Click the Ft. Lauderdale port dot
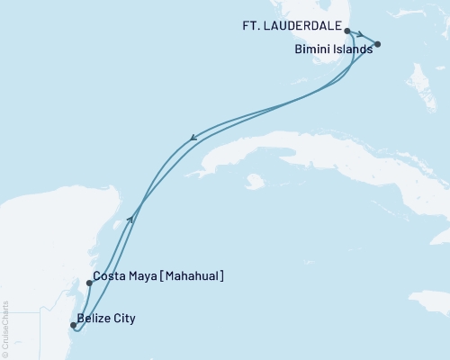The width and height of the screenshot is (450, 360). coord(347,30)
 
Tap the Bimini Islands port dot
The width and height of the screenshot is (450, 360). coord(377,44)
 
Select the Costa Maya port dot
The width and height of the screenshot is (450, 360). coord(89,283)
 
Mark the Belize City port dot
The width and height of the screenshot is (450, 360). coord(74,326)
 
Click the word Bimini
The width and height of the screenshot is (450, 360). coord(314,50)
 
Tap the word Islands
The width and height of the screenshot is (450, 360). coord(353,50)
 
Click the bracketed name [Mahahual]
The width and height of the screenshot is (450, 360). coord(193,277)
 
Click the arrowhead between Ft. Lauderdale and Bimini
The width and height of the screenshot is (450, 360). coord(360,36)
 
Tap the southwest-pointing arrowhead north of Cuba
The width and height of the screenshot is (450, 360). coord(193,139)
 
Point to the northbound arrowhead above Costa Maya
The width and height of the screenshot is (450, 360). coord(131,216)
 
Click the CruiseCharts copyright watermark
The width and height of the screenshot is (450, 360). coord(6,319)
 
